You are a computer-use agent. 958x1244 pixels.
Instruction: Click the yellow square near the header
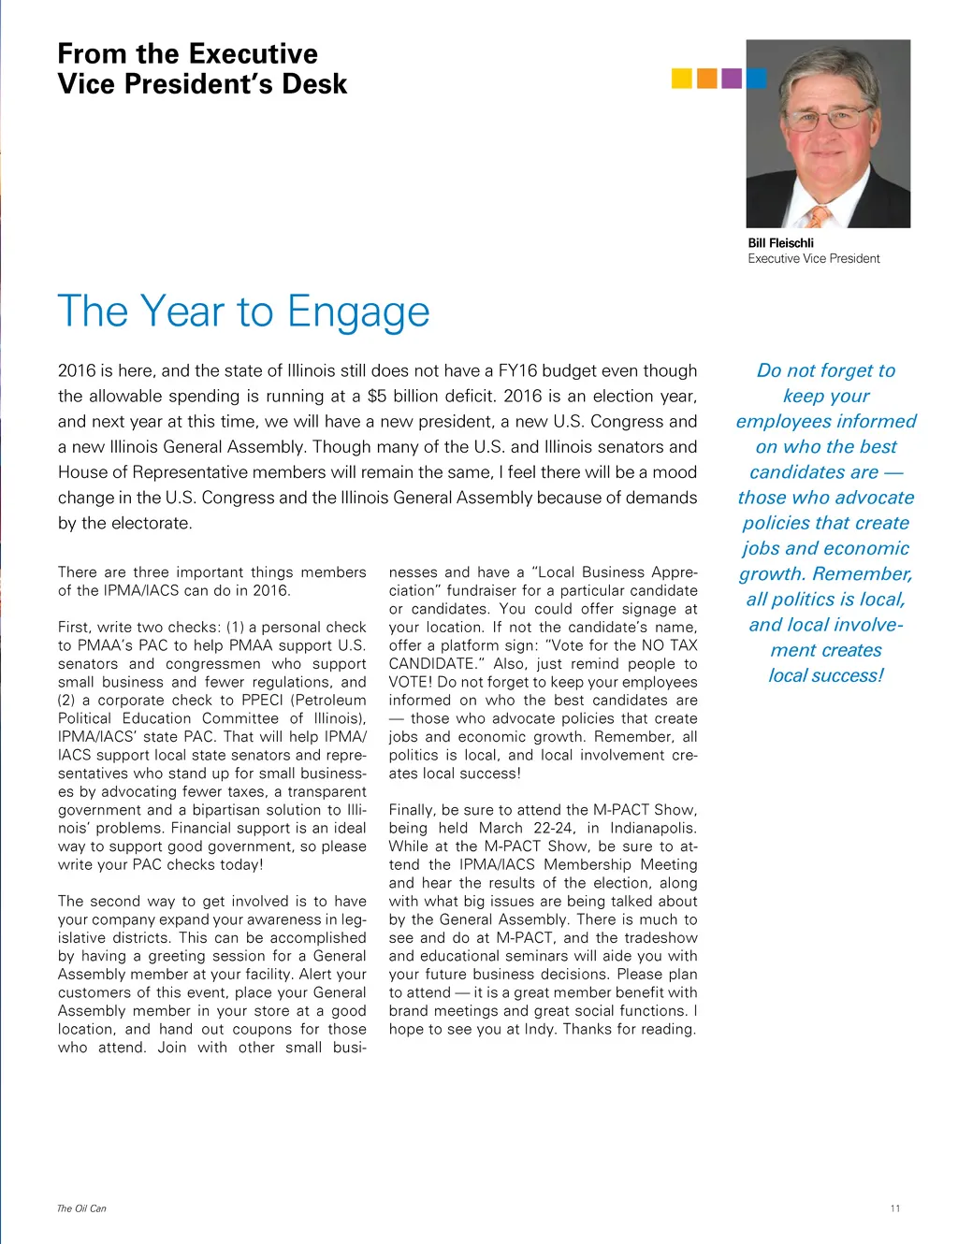(x=681, y=79)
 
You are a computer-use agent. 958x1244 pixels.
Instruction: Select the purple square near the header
(x=732, y=79)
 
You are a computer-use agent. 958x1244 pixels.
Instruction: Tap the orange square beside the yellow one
(x=706, y=79)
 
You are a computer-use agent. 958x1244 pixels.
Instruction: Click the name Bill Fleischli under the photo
(x=780, y=243)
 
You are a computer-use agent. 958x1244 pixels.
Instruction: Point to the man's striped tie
(x=819, y=217)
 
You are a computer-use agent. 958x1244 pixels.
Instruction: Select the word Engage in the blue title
(x=358, y=312)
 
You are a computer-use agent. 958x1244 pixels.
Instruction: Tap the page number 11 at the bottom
(x=895, y=1208)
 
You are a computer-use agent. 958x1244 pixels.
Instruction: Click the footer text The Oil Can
(x=81, y=1208)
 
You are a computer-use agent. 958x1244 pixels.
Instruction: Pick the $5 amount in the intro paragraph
(x=377, y=397)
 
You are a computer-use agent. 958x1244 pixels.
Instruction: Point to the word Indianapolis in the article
(x=652, y=828)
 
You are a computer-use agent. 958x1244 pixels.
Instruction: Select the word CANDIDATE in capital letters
(x=431, y=664)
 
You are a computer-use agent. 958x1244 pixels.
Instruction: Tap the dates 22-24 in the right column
(x=555, y=828)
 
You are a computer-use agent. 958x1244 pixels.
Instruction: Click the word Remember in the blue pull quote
(x=862, y=574)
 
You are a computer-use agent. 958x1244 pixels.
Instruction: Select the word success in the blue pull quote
(x=845, y=675)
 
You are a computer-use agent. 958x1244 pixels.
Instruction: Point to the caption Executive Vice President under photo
(x=813, y=259)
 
